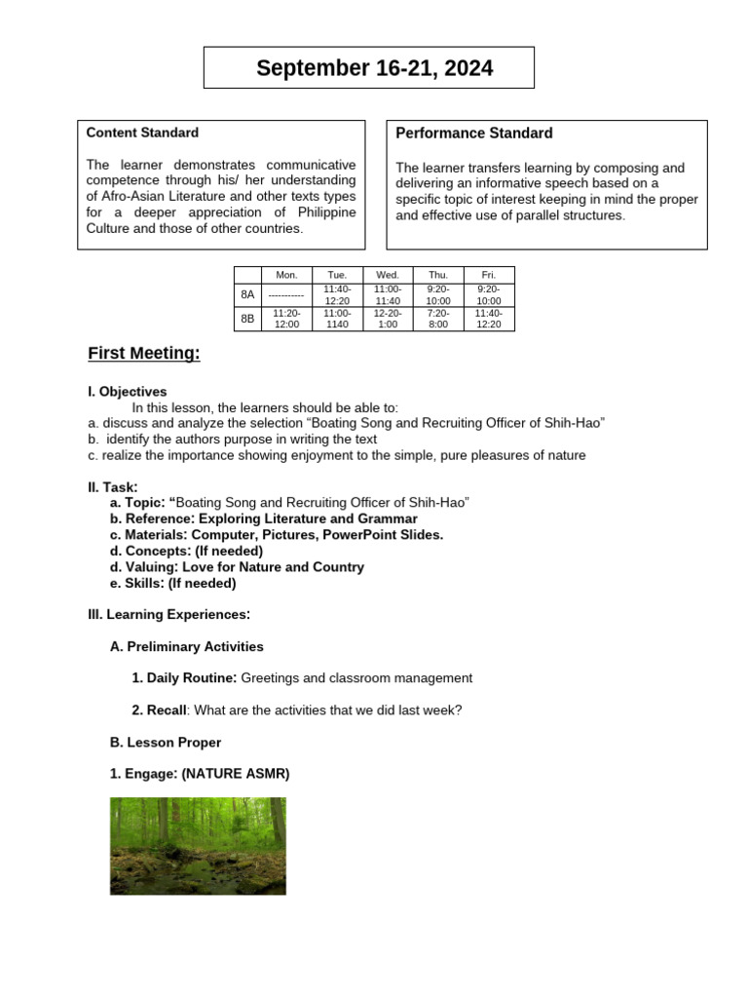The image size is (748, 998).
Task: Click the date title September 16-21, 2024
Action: click(x=374, y=68)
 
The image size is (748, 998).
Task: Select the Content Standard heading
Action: click(x=142, y=133)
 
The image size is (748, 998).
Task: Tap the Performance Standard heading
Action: click(x=474, y=134)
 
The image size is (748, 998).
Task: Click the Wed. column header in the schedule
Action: click(x=388, y=275)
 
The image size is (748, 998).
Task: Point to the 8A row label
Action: click(x=247, y=295)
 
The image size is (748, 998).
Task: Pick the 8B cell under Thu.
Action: click(x=438, y=319)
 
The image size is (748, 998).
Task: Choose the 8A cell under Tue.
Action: click(x=337, y=295)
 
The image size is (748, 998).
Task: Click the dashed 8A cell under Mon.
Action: click(x=286, y=295)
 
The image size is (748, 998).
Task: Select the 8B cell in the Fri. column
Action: click(x=489, y=319)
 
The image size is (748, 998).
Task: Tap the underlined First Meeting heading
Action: click(x=144, y=354)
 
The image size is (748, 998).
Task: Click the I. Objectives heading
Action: click(x=128, y=392)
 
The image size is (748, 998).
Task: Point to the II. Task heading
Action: click(x=113, y=486)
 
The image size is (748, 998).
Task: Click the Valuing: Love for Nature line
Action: click(x=237, y=567)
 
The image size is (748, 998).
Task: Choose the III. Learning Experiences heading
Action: click(x=169, y=614)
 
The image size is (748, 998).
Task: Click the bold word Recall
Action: click(x=158, y=710)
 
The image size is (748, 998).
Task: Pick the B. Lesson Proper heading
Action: click(x=166, y=743)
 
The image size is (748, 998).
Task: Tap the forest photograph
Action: click(x=198, y=846)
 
